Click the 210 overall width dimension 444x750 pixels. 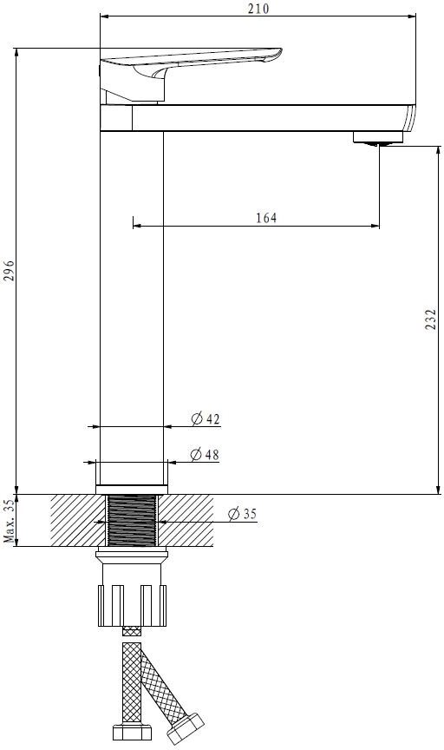[258, 9]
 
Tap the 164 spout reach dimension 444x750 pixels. [266, 218]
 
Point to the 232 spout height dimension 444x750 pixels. [431, 319]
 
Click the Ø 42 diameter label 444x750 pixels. [206, 419]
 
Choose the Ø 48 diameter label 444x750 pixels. [205, 454]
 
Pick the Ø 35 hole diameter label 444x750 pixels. [242, 514]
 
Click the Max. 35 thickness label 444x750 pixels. [9, 521]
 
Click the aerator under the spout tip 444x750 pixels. [377, 138]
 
